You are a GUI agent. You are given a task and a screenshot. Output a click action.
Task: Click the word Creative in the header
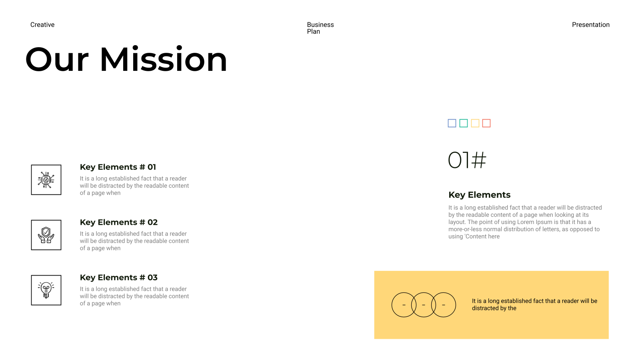42,25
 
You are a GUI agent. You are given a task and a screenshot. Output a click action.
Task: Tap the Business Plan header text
320,28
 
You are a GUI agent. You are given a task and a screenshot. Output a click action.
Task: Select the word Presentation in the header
590,25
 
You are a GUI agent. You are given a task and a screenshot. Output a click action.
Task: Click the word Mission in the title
164,60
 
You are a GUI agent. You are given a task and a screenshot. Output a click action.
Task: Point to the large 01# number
467,160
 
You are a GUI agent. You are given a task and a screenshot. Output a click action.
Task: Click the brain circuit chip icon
46,180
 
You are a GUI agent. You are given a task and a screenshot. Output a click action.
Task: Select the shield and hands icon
46,235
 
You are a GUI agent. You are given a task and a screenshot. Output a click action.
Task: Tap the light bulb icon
46,290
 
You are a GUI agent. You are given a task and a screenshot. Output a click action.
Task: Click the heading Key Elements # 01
118,167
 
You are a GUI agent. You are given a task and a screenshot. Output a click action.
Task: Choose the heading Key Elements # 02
118,222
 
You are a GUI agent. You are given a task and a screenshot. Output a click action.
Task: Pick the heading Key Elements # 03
118,278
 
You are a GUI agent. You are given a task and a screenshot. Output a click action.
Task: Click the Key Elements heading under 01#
479,195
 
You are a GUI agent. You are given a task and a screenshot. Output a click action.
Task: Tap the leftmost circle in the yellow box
392,305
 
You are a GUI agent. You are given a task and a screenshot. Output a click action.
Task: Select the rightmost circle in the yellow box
456,305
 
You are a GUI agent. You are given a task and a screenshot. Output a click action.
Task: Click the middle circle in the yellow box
424,293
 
